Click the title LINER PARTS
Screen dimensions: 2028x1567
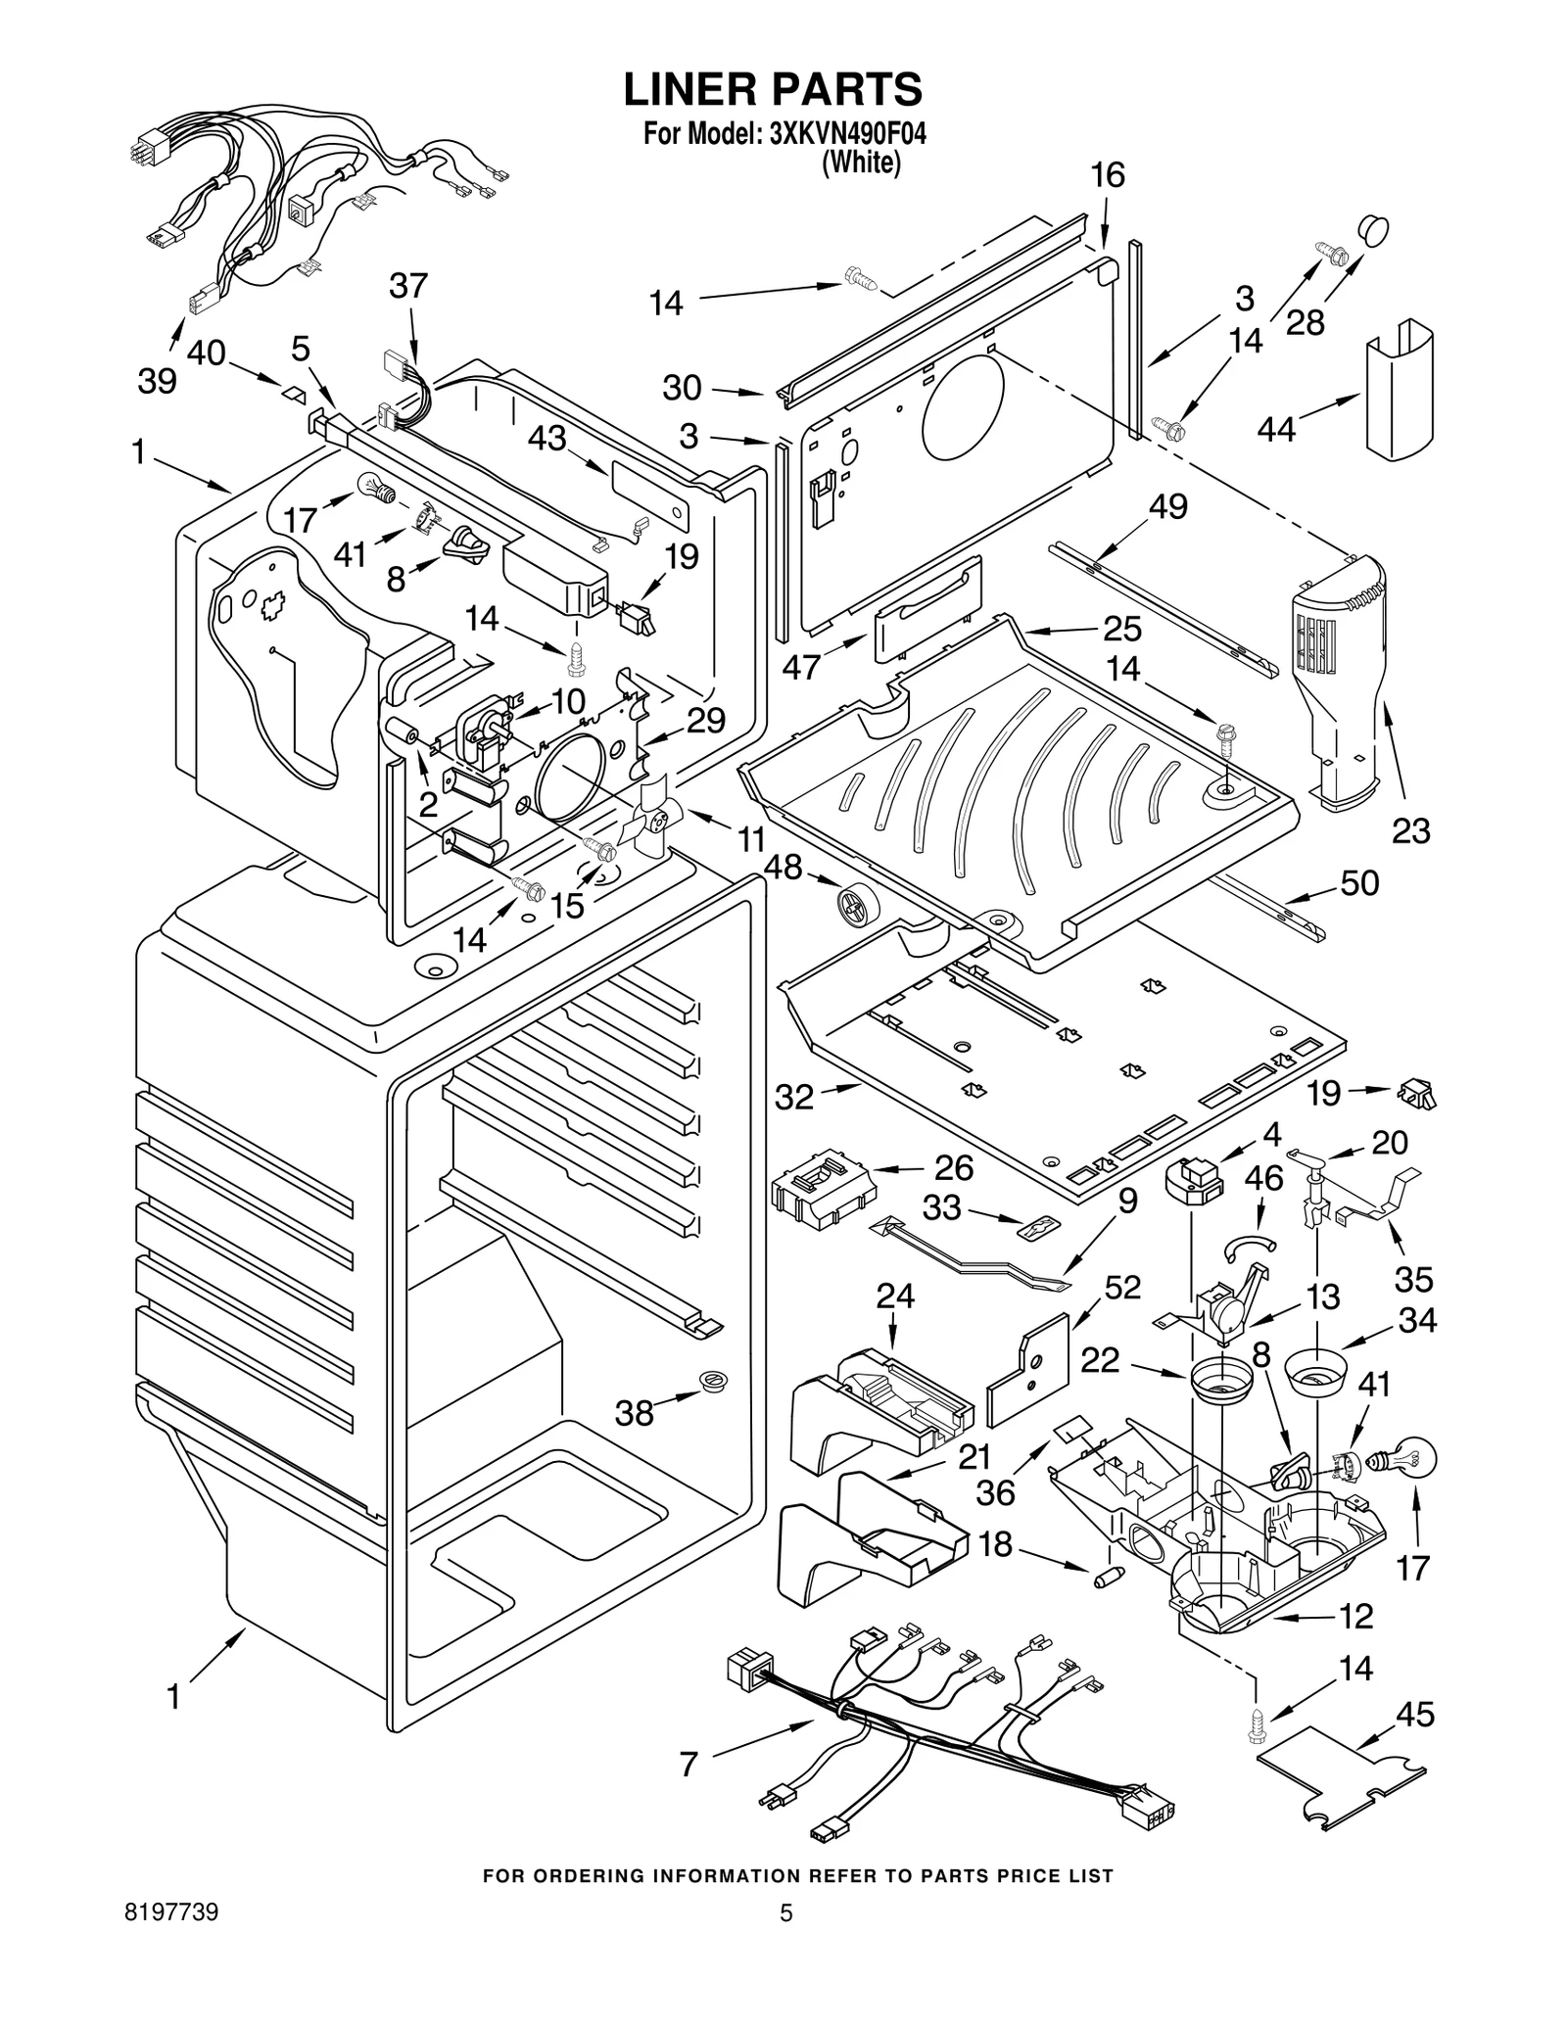(773, 89)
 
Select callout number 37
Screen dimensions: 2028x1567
(408, 286)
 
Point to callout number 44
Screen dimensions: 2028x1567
(1277, 429)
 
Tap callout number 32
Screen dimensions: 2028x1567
(793, 1097)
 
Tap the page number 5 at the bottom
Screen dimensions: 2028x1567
(785, 1940)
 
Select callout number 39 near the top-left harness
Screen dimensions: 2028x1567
(157, 380)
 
